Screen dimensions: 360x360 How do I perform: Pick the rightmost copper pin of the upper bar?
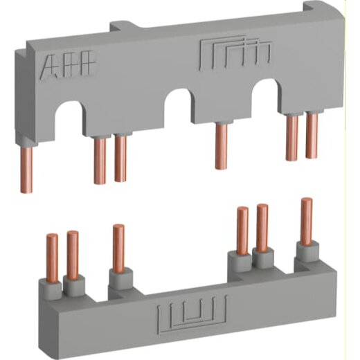pyautogui.click(x=311, y=139)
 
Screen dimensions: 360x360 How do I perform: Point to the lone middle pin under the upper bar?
pyautogui.click(x=221, y=145)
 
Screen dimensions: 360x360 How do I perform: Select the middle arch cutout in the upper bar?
pyautogui.click(x=178, y=104)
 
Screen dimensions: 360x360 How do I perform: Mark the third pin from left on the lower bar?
pyautogui.click(x=118, y=245)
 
